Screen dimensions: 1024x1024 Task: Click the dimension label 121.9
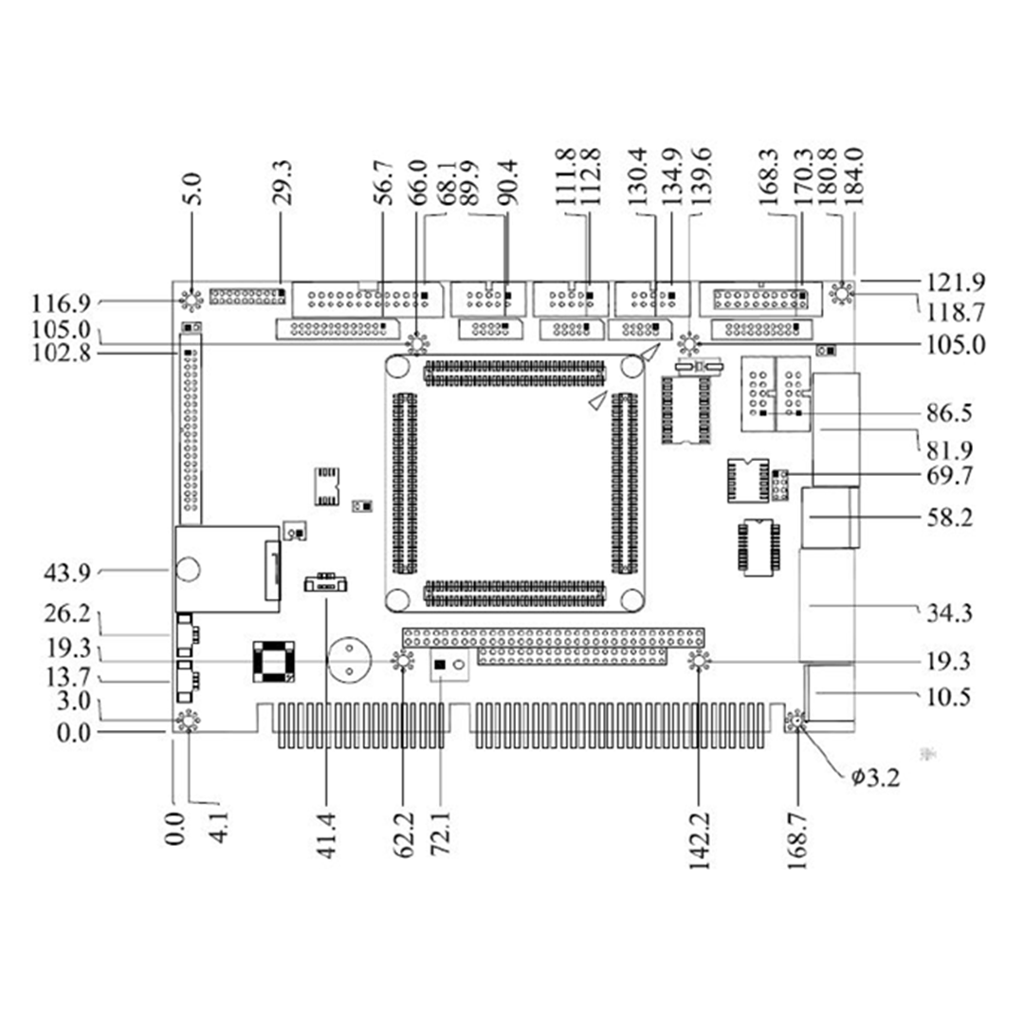[955, 282]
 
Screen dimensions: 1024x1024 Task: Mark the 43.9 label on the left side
[67, 573]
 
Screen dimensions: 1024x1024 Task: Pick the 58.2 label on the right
[948, 519]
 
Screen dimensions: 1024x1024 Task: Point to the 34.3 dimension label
[948, 613]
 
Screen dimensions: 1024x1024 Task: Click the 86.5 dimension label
[948, 414]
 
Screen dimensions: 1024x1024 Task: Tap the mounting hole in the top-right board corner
[840, 296]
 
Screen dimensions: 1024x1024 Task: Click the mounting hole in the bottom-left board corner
[189, 722]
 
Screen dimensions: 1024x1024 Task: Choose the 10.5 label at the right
[948, 697]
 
